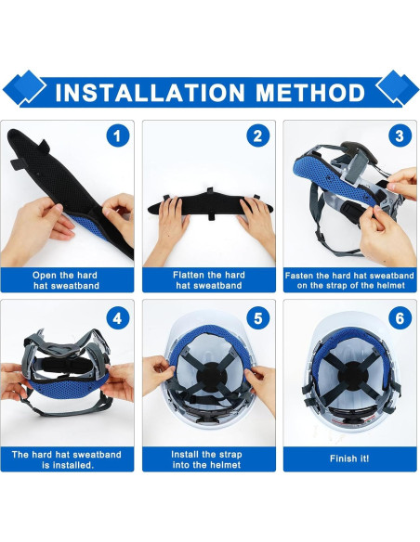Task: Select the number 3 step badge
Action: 399,136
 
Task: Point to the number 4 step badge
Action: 116,317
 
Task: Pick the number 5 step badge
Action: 257,317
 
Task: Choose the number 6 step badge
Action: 399,317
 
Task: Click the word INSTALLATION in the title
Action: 146,92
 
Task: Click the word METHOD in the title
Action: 304,92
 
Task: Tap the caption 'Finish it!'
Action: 348,458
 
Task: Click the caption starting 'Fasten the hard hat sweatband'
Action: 348,279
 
